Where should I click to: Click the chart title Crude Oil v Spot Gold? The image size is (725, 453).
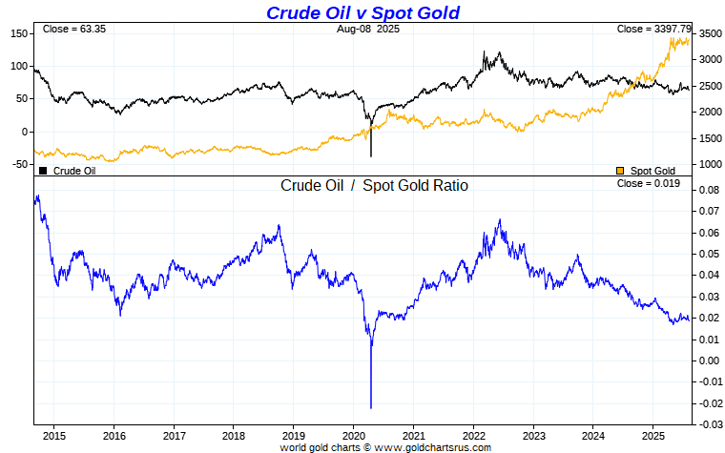point(362,12)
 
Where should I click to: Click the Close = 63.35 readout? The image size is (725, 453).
point(73,30)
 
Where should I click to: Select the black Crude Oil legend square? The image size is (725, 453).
point(43,171)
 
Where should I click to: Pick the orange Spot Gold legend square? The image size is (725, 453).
point(621,171)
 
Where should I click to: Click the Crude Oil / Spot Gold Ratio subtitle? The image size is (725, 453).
point(374,186)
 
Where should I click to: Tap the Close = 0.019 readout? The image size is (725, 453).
point(649,183)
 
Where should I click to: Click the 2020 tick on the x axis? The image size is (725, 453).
point(353,434)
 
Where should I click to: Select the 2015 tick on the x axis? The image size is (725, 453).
point(53,434)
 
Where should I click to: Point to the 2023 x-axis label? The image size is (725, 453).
point(533,434)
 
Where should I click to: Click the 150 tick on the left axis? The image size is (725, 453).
point(17,33)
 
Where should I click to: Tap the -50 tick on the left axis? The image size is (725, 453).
point(17,164)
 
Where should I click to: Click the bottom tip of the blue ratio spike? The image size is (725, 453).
point(371,407)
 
